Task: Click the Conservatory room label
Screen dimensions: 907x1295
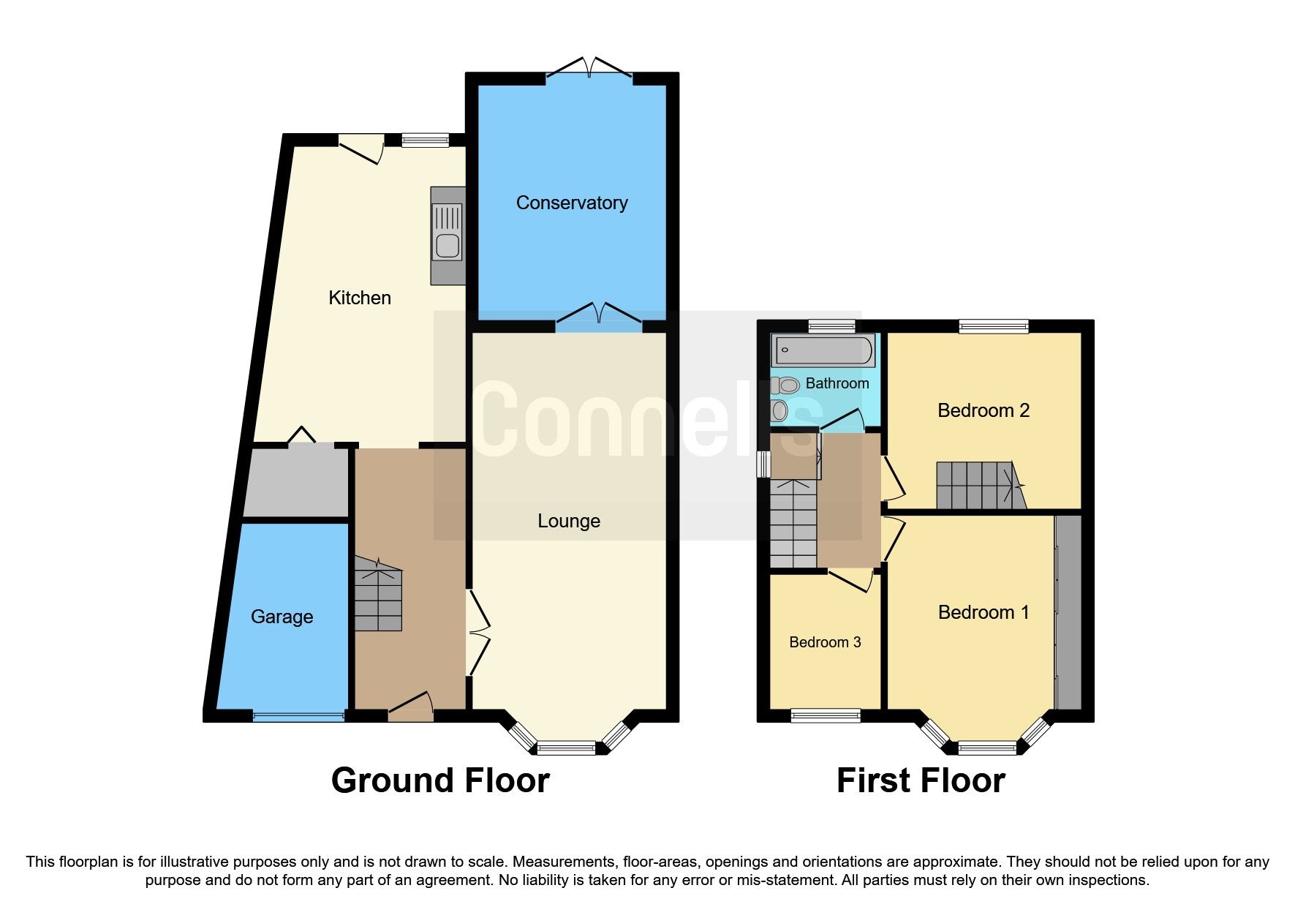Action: coord(571,203)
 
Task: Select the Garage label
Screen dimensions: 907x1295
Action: coord(282,617)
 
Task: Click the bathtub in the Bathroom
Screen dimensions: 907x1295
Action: coord(824,350)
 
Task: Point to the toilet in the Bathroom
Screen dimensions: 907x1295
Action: coord(785,385)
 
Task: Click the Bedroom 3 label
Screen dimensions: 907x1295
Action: coord(825,642)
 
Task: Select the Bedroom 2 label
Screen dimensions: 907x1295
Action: coord(983,410)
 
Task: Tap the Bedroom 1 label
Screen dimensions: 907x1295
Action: coord(983,612)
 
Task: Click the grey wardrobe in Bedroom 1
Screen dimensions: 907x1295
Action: coord(1068,611)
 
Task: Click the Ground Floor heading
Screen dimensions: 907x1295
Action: coord(440,780)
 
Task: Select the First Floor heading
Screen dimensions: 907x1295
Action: coord(920,780)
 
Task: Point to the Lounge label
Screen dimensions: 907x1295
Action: coord(568,521)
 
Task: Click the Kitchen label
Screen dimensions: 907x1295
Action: coord(359,298)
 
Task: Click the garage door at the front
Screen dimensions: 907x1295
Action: coord(298,717)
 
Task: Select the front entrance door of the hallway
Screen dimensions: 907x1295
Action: coord(410,710)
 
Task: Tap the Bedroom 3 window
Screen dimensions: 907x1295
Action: coord(826,715)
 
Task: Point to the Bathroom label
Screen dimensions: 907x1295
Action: coord(837,383)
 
